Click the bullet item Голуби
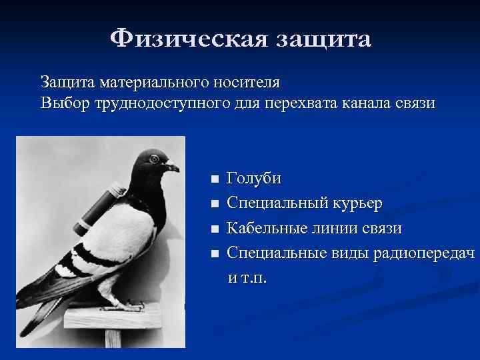254,179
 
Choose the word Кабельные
268,229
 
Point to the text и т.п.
247,277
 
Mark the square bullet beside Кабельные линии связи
213,229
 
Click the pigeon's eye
155,159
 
